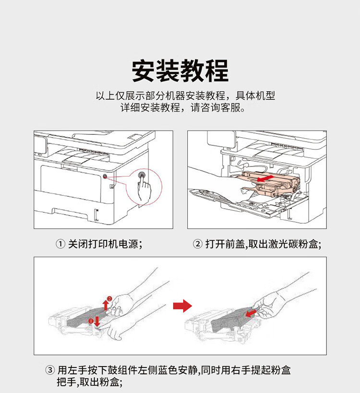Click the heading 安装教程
pos(180,71)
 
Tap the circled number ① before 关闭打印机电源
pos(60,244)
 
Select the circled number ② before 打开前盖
pos(198,244)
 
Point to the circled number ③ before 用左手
pos(50,370)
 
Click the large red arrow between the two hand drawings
pos(182,306)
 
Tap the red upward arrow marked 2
pos(106,306)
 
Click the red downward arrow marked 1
pos(97,322)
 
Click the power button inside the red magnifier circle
pos(142,175)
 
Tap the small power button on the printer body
pos(105,177)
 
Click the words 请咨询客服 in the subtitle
pos(218,108)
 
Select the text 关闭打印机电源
pos(103,244)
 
